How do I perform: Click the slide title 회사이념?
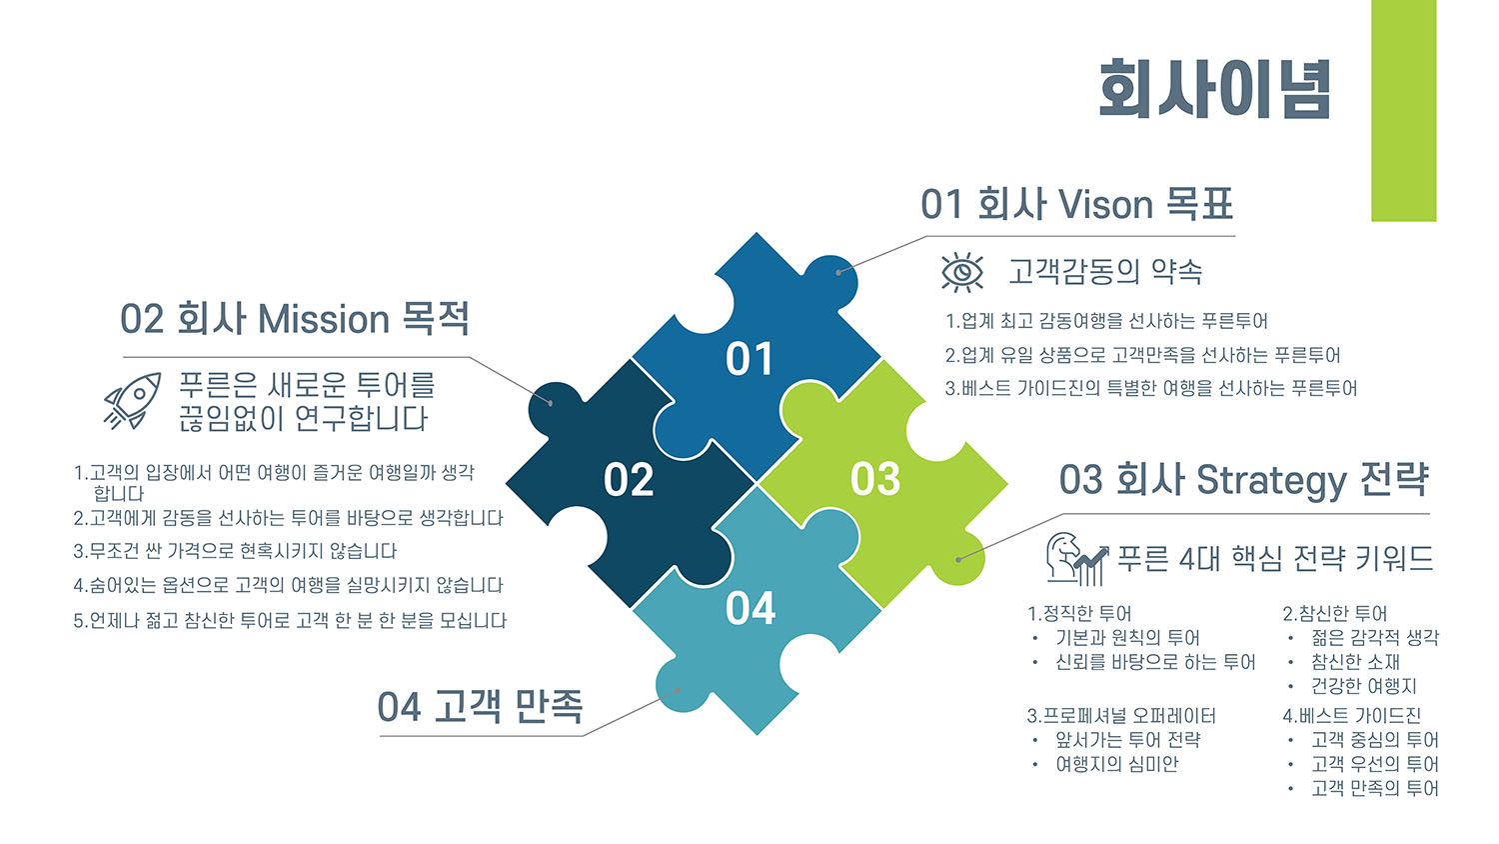tap(1214, 89)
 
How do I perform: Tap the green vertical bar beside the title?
tap(1403, 111)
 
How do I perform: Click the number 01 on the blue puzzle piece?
tap(749, 358)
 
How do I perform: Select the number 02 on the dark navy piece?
tap(629, 480)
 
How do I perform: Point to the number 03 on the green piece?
tap(875, 479)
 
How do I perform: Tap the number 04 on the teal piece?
tap(750, 608)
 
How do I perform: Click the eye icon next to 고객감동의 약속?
tap(962, 273)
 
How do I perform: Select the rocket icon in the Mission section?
tap(133, 401)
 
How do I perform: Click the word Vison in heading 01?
tap(1105, 204)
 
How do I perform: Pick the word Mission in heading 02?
tap(324, 319)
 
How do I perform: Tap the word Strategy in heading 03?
tap(1271, 482)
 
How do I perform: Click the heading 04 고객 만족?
tap(480, 707)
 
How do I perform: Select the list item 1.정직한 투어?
tap(1079, 614)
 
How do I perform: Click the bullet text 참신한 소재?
tap(1355, 662)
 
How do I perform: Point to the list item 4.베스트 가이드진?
tap(1352, 716)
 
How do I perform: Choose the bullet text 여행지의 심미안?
tap(1117, 764)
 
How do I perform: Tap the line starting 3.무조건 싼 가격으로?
tap(235, 551)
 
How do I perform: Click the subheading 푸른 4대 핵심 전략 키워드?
tap(1275, 559)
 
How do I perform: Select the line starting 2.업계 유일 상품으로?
tap(1143, 355)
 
